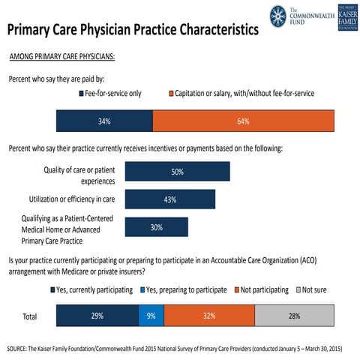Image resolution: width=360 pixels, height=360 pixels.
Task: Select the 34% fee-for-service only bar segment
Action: pos(104,121)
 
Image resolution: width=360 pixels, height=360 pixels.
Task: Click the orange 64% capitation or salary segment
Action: pos(244,121)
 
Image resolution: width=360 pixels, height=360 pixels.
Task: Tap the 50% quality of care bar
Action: pos(177,172)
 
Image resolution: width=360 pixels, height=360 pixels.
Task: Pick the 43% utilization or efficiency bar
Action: pos(169,199)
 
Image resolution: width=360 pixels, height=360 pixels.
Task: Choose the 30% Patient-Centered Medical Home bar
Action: pos(156,227)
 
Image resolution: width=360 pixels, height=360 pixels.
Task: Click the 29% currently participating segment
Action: pos(97,316)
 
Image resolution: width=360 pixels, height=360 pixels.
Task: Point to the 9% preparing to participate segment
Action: pos(151,316)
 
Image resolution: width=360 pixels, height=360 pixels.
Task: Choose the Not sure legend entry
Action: pos(315,289)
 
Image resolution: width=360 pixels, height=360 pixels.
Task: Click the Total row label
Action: pos(29,316)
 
